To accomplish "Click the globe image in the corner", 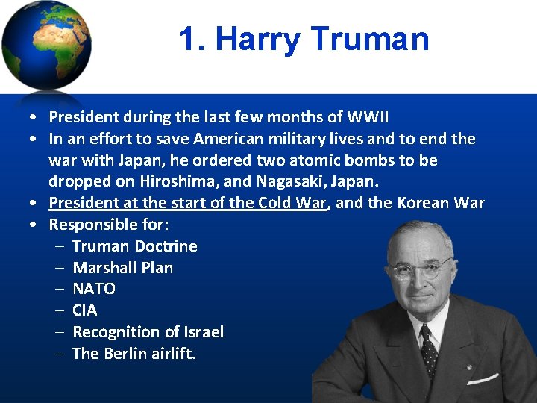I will point(46,45).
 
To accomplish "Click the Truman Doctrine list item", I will point(134,246).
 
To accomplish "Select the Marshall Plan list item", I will point(122,268).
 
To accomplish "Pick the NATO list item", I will point(93,289).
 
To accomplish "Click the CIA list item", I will point(84,310).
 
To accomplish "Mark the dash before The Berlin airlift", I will point(60,354).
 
